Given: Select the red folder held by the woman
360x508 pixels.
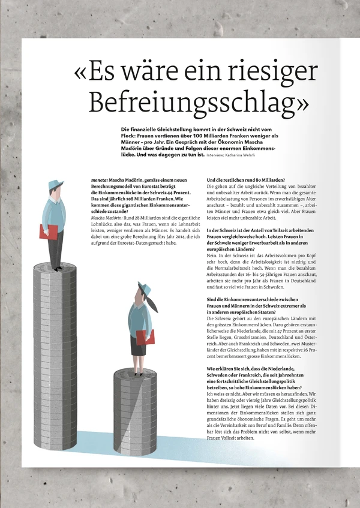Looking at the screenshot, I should point(145,338).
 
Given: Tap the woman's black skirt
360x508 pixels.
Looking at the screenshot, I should point(137,347).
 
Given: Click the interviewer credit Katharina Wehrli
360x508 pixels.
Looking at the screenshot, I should point(242,156).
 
